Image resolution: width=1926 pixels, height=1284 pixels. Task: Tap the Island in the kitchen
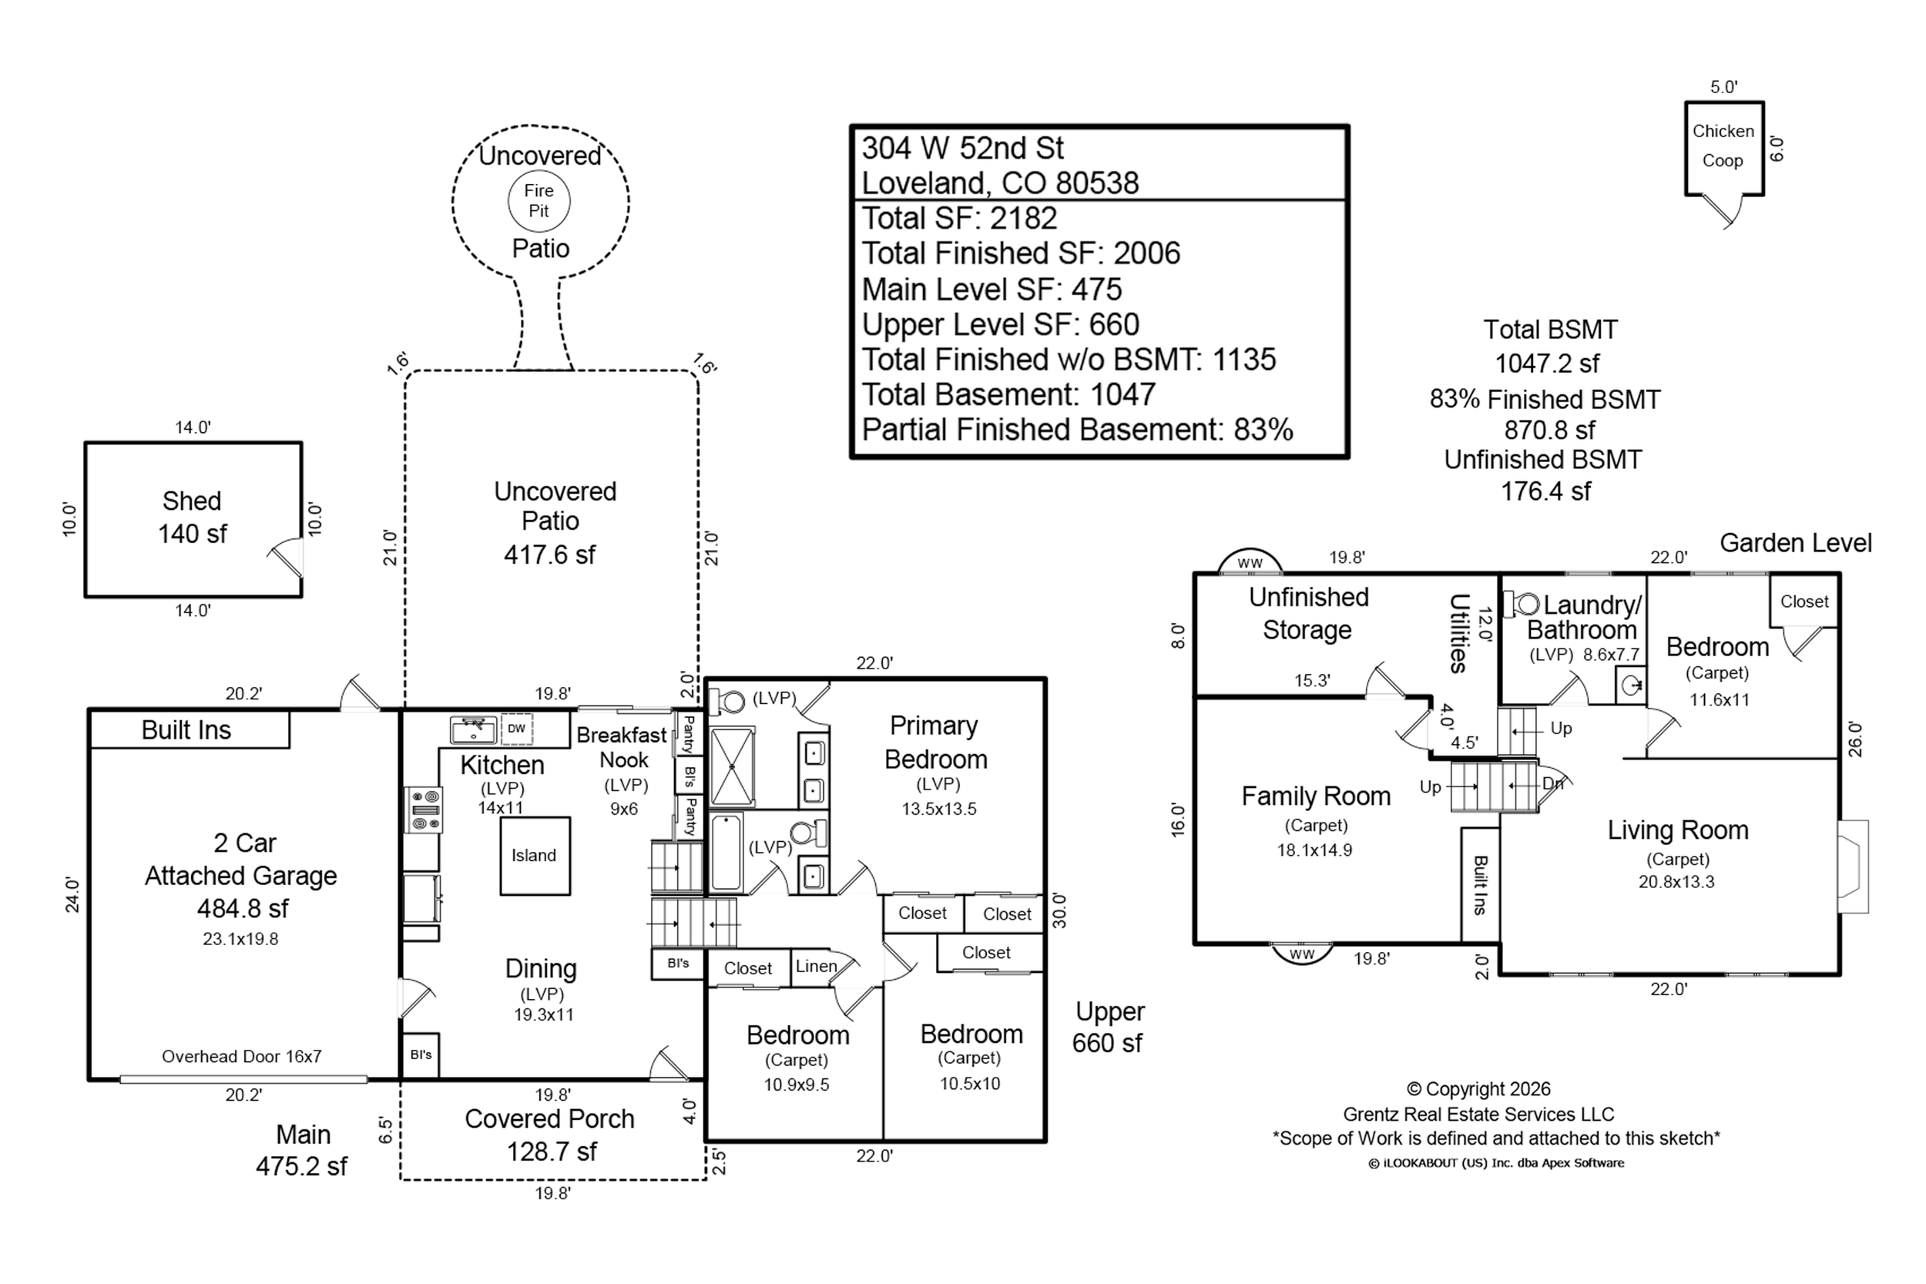pos(535,856)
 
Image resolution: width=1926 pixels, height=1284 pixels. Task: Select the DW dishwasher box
pos(516,729)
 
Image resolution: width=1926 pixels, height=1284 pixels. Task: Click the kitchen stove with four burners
pos(424,810)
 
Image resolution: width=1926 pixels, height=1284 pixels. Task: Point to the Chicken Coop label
pos(1723,146)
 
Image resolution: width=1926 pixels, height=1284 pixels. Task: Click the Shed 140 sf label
pos(193,518)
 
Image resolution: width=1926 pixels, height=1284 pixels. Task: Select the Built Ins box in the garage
pos(190,729)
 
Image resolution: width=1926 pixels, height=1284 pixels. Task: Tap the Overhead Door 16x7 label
pos(242,1056)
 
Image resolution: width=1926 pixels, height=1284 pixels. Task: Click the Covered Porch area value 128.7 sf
pos(551,1152)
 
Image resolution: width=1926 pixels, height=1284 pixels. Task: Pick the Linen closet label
pos(817,967)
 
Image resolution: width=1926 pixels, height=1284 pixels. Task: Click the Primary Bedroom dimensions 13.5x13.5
pos(938,809)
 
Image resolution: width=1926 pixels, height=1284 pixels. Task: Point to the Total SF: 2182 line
pos(959,218)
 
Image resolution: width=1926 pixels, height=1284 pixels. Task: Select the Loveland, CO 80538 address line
pos(1000,183)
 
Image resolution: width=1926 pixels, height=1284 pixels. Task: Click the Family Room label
pos(1316,796)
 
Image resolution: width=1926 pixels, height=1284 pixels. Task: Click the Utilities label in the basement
pos(1458,633)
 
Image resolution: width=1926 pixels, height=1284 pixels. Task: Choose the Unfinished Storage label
pos(1309,613)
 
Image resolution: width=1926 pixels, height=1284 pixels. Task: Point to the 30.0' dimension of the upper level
pos(1059,910)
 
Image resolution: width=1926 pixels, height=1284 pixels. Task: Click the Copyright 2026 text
pos(1479,1089)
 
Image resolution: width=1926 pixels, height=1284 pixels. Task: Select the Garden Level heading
pos(1795,543)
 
